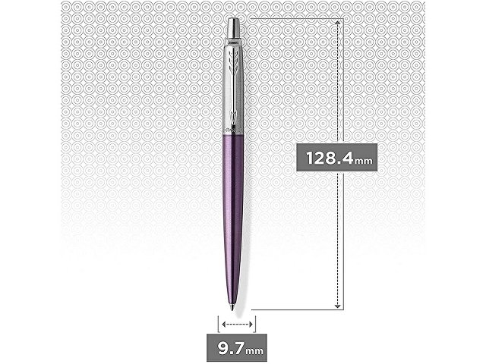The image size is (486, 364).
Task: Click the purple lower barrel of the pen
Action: click(237, 197)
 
